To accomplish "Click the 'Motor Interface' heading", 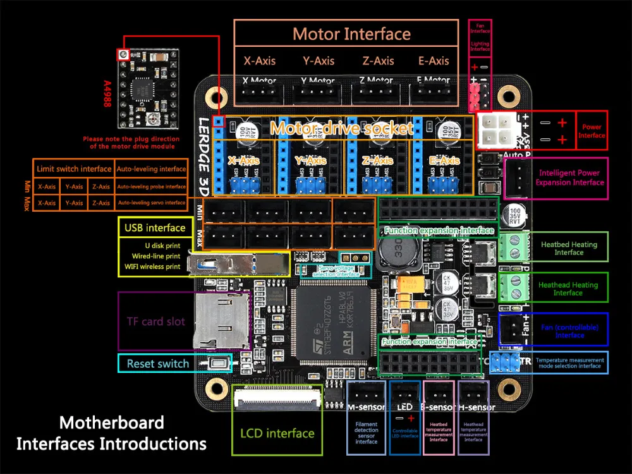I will (351, 34).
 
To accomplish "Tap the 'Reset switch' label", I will (157, 363).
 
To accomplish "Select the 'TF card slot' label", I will (156, 322).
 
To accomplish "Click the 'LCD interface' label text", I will (277, 434).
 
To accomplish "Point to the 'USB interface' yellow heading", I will (155, 228).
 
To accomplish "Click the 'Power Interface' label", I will (592, 131).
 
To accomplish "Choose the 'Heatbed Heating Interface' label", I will (569, 248).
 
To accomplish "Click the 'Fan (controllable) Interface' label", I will (569, 331).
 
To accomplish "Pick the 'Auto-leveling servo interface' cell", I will (152, 203).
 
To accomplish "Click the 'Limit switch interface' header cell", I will (74, 169).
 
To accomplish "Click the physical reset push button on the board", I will (220, 363).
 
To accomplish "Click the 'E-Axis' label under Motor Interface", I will (434, 61).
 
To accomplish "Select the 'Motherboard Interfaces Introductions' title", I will (112, 433).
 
